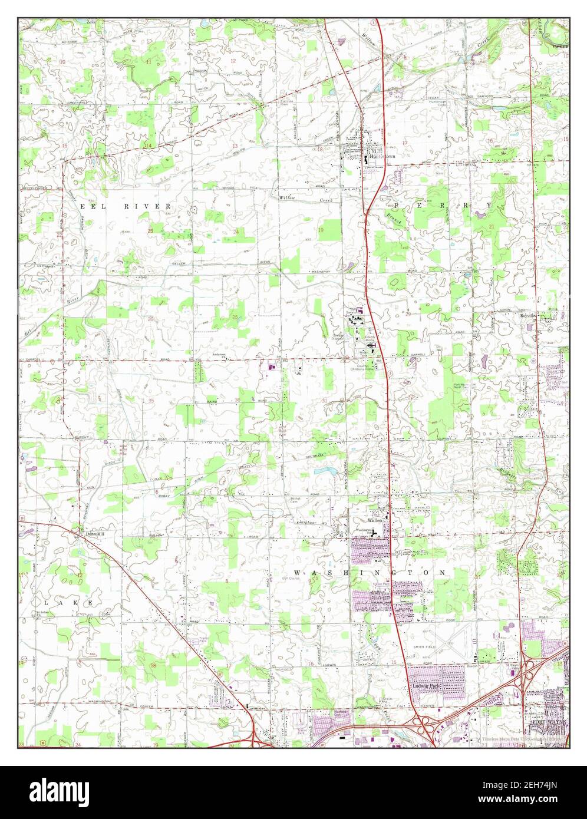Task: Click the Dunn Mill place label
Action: coord(94,534)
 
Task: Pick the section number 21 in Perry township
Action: coord(490,226)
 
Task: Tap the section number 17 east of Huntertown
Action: coord(405,143)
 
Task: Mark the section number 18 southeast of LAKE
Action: coord(154,665)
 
